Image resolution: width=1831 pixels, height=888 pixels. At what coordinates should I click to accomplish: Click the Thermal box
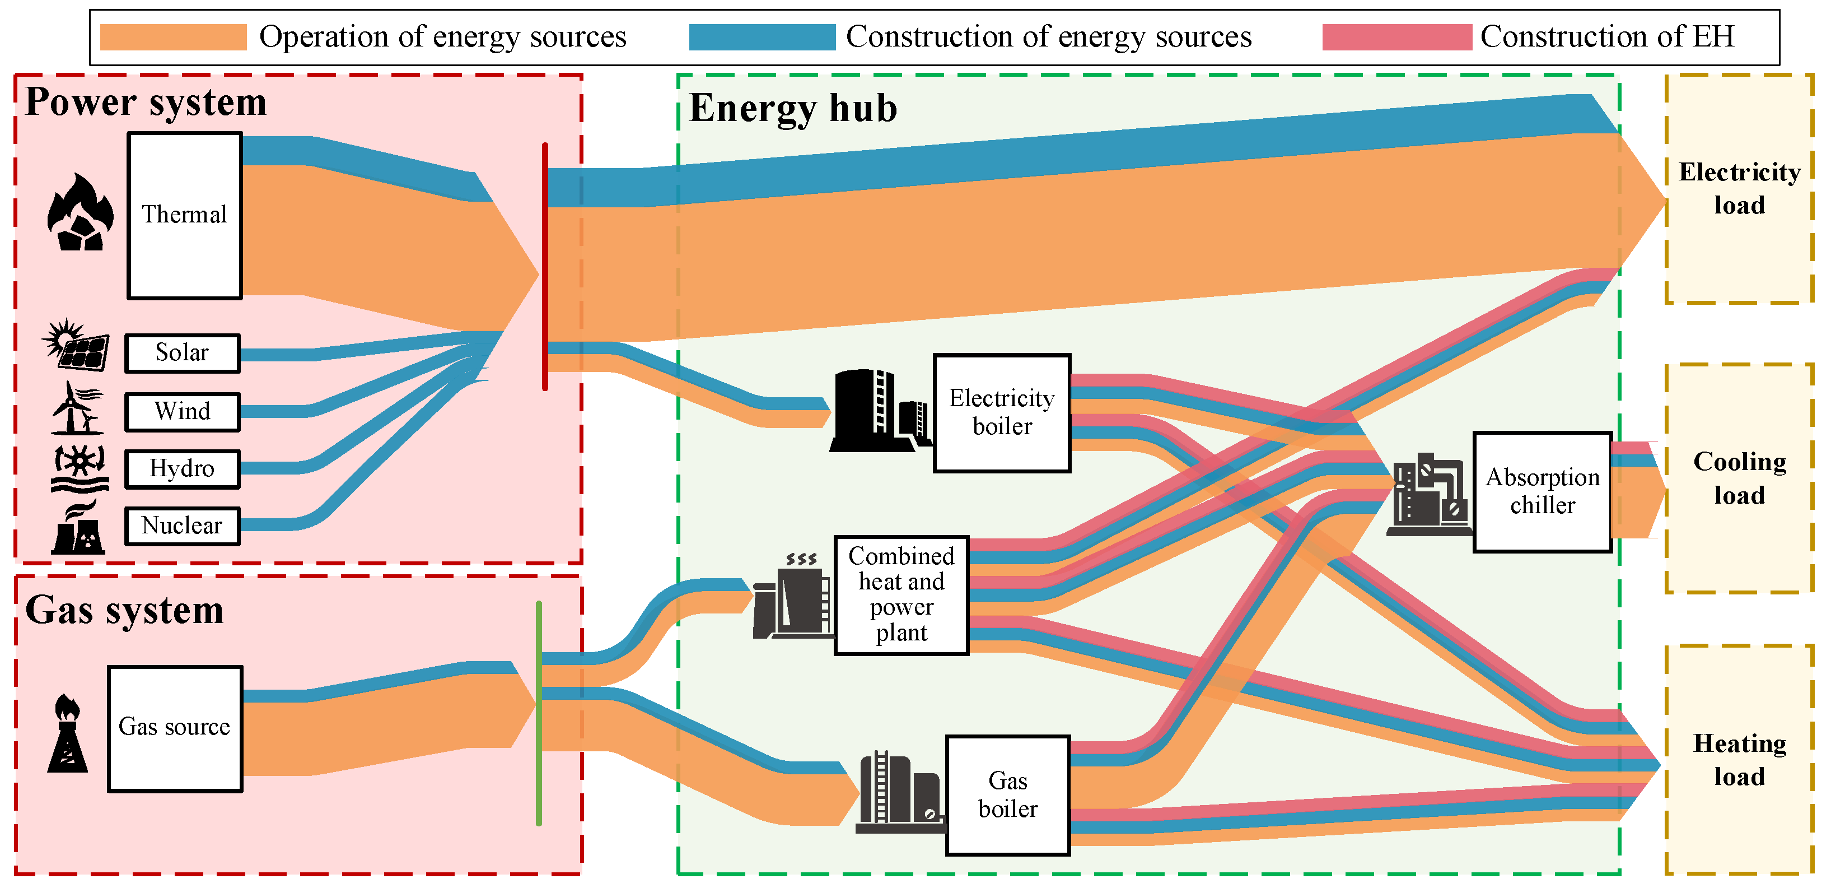pyautogui.click(x=185, y=215)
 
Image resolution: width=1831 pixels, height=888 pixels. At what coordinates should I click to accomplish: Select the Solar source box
pyautogui.click(x=183, y=352)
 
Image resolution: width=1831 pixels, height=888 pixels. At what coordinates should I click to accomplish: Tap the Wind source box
pyautogui.click(x=183, y=412)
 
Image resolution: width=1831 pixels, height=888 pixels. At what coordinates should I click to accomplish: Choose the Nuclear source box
pyautogui.click(x=183, y=526)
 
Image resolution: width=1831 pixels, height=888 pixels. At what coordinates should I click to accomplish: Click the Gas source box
pyautogui.click(x=175, y=728)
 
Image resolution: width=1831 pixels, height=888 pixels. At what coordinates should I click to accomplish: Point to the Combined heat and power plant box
pyautogui.click(x=900, y=594)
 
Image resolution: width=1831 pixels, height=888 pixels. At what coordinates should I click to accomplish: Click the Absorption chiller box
pyautogui.click(x=1542, y=491)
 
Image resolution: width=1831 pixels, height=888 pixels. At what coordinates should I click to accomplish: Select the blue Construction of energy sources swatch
pyautogui.click(x=762, y=37)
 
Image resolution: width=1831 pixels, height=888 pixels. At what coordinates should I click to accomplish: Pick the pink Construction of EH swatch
pyautogui.click(x=1396, y=37)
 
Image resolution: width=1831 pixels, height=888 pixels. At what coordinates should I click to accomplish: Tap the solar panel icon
pyautogui.click(x=77, y=346)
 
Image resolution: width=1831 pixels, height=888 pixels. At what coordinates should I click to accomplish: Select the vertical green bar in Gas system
pyautogui.click(x=539, y=713)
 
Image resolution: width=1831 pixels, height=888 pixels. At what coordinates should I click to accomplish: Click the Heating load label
pyautogui.click(x=1739, y=759)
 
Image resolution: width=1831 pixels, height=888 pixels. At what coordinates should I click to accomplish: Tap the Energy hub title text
pyautogui.click(x=792, y=108)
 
